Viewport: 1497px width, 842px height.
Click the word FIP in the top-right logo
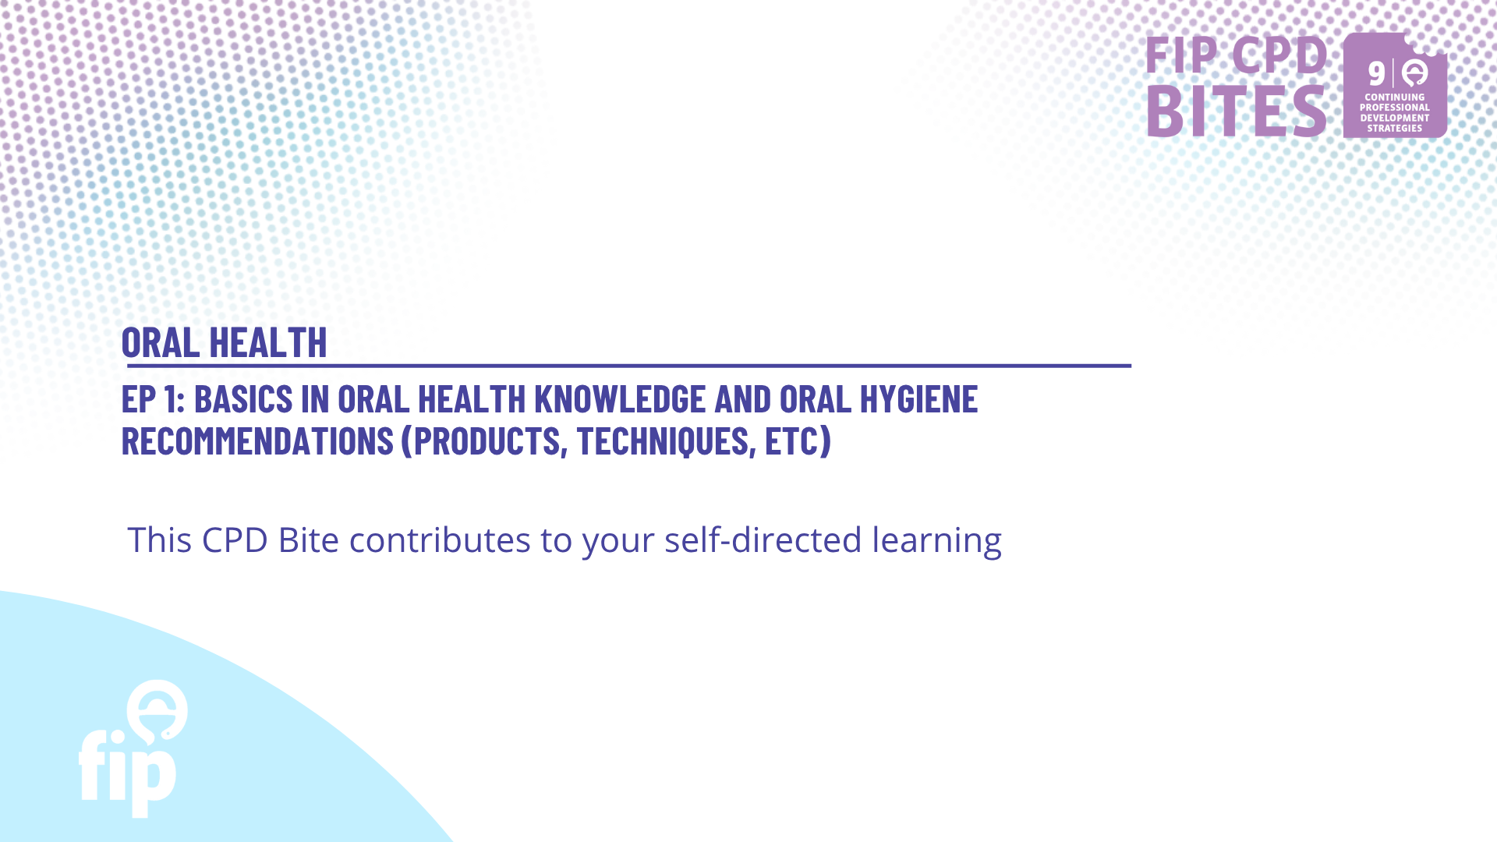point(1182,55)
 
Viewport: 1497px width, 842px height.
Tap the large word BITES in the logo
point(1237,111)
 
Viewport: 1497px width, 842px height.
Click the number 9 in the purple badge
point(1377,74)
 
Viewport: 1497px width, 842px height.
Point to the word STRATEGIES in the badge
point(1395,129)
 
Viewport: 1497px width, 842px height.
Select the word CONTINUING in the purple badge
point(1395,97)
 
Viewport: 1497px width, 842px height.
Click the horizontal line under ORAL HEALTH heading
point(628,365)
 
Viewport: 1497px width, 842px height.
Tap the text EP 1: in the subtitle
point(154,399)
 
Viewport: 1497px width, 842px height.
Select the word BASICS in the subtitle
point(243,399)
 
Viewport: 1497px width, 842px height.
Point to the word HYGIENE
point(918,399)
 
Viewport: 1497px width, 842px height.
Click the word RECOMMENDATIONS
point(257,441)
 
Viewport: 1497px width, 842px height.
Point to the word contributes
point(440,540)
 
